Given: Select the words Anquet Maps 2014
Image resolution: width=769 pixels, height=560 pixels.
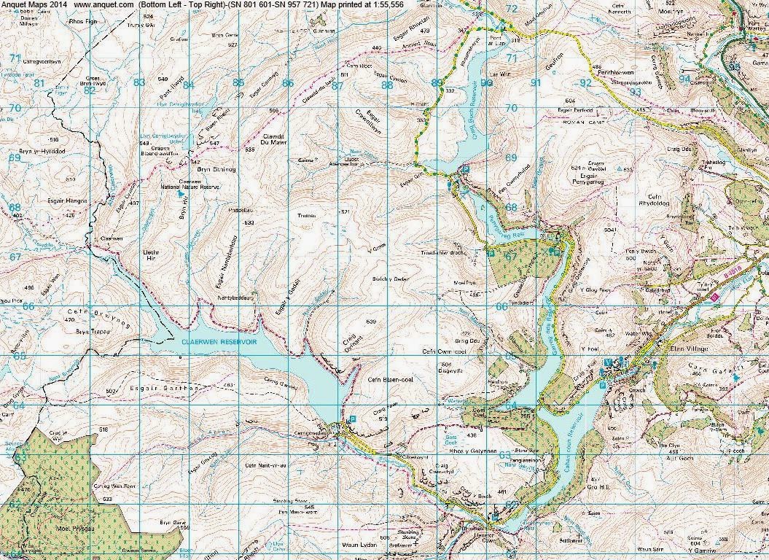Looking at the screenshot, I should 33,5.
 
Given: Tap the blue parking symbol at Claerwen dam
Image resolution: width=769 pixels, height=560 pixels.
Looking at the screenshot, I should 354,419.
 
